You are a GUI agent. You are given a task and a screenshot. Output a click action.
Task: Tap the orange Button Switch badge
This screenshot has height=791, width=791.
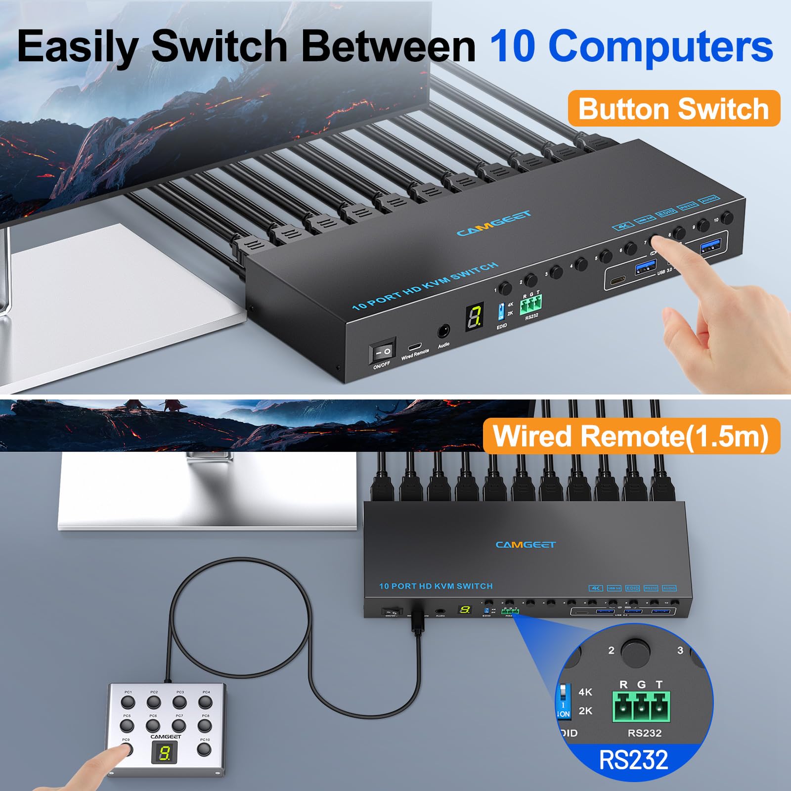(x=673, y=109)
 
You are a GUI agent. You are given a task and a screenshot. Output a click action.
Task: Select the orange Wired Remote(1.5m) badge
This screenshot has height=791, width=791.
(x=631, y=436)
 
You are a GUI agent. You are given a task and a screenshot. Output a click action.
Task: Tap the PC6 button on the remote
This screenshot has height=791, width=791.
(x=153, y=726)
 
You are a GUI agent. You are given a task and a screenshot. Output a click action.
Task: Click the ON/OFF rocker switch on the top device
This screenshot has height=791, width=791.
(x=382, y=352)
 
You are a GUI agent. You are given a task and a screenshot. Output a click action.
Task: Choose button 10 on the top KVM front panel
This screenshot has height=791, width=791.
(x=727, y=218)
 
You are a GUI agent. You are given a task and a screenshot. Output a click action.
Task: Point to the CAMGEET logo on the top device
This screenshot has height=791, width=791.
(x=493, y=223)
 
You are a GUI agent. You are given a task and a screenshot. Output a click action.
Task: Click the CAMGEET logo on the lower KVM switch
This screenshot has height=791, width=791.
(x=526, y=545)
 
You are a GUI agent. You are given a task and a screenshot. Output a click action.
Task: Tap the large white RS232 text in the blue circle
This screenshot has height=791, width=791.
(x=633, y=760)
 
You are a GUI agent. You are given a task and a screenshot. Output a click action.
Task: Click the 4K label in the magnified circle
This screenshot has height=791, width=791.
(x=585, y=692)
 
